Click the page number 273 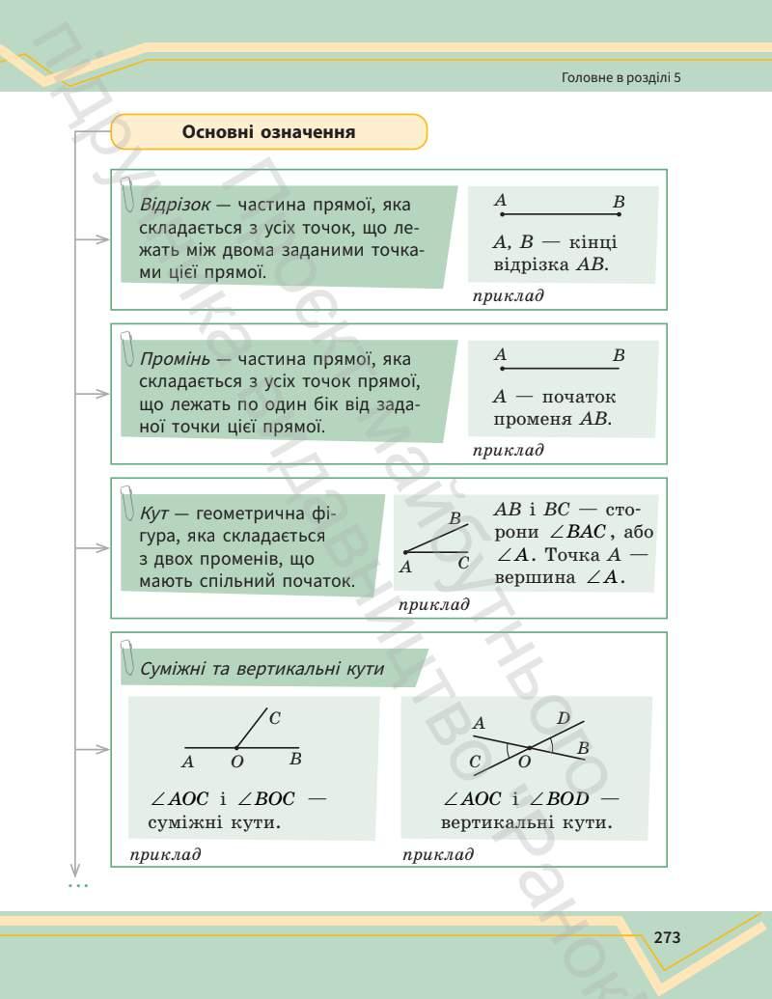point(667,936)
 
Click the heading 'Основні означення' point(268,131)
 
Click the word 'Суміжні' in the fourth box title point(177,669)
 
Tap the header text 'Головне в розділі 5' point(620,77)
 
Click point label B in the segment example point(619,202)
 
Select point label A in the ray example point(500,355)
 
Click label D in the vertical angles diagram point(564,717)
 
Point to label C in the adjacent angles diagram point(274,717)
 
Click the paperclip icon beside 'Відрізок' point(127,196)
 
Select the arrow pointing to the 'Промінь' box point(95,395)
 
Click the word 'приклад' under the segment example point(508,295)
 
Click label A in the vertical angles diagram point(479,722)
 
